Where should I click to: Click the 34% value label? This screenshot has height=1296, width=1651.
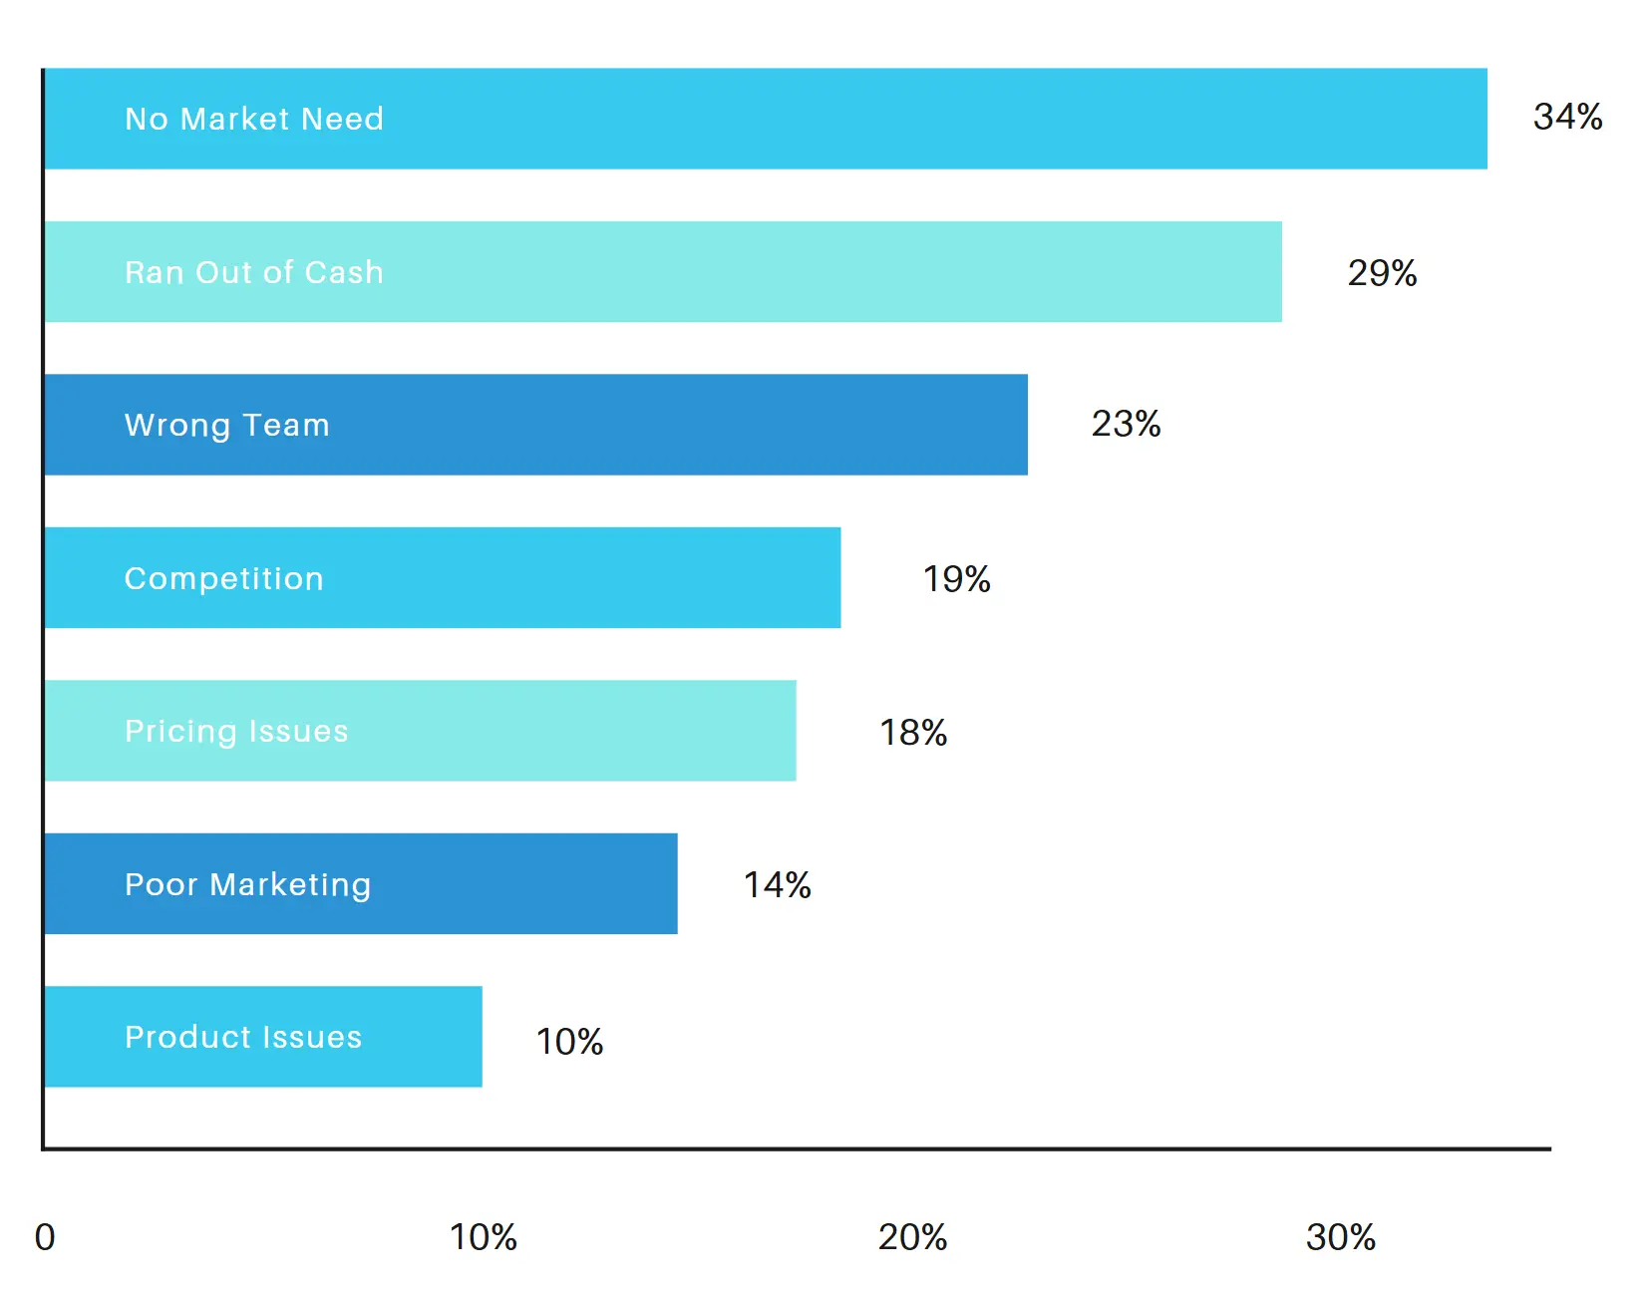pos(1567,117)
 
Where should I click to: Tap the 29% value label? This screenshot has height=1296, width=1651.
pos(1382,272)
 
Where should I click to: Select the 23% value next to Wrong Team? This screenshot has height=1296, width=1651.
pos(1126,424)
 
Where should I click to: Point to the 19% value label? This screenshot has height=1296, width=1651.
pos(956,578)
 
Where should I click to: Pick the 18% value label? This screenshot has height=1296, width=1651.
pos(912,732)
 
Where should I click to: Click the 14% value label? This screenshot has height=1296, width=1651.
pos(777,884)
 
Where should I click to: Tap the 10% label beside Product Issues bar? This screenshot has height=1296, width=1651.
pos(569,1041)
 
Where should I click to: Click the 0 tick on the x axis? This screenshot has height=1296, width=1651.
pos(45,1236)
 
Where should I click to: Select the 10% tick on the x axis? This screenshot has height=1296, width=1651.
pos(483,1236)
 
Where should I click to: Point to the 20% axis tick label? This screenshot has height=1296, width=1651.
pos(912,1236)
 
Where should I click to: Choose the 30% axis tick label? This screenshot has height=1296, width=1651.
pos(1340,1236)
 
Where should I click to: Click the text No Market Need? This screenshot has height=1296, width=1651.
pos(254,119)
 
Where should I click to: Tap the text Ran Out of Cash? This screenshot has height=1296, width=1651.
pos(254,272)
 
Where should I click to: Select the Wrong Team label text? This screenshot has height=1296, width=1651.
pos(226,425)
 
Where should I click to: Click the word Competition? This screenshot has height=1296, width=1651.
pos(224,578)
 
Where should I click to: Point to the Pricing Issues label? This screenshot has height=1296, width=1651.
pos(236,731)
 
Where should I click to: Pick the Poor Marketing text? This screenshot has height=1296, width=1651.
pos(247,884)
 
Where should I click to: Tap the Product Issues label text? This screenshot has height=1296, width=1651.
pos(243,1037)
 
